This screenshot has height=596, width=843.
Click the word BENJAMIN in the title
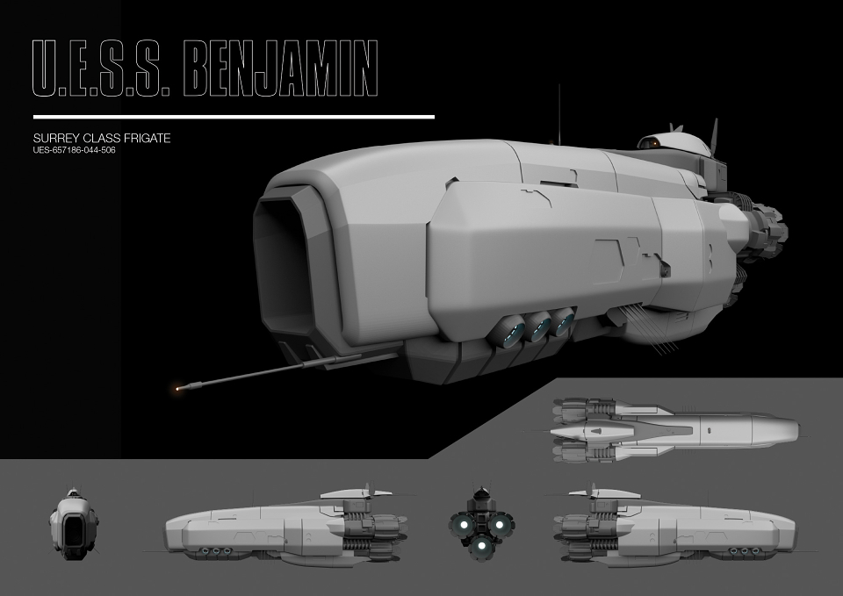tap(280, 68)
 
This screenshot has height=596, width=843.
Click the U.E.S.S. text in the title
tap(101, 68)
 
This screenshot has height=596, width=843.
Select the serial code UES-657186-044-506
tap(74, 150)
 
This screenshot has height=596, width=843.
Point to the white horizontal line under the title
tap(234, 117)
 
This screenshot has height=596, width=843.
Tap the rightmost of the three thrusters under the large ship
tap(564, 321)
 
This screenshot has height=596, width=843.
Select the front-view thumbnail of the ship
tap(74, 522)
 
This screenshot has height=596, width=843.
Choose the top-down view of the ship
tap(674, 431)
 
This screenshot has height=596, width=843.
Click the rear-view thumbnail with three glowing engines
tap(482, 521)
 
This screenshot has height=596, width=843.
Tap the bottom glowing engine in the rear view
tap(481, 547)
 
